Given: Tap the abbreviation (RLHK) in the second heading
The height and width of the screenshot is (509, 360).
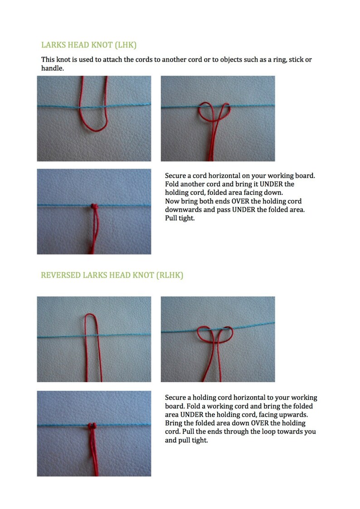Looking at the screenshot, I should click(169, 275).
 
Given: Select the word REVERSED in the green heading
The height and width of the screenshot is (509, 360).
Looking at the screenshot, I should click(59, 275).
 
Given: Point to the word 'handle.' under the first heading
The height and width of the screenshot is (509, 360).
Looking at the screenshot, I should click(52, 68).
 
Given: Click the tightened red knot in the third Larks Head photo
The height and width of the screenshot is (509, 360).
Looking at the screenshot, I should click(94, 206).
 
